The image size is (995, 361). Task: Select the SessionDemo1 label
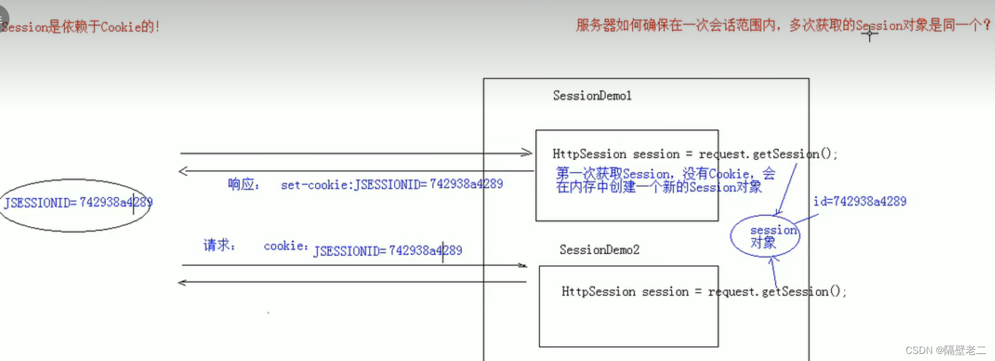point(592,95)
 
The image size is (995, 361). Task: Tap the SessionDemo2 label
point(599,250)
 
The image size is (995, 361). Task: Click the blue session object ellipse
point(765,236)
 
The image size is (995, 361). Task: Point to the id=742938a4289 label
point(859,202)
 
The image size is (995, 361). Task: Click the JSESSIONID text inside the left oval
point(78,203)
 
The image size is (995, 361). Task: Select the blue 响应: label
point(243,184)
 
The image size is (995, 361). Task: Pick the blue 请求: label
point(219,245)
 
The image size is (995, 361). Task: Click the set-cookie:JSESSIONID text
point(391,184)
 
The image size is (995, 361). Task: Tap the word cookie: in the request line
point(286,246)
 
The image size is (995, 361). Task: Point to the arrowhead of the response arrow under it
point(183,171)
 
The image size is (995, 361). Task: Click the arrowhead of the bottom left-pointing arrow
point(182,283)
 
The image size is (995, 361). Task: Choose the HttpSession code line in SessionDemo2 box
point(703,292)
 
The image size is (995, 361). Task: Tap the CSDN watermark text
point(945,350)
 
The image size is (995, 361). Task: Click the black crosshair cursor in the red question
point(870,34)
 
